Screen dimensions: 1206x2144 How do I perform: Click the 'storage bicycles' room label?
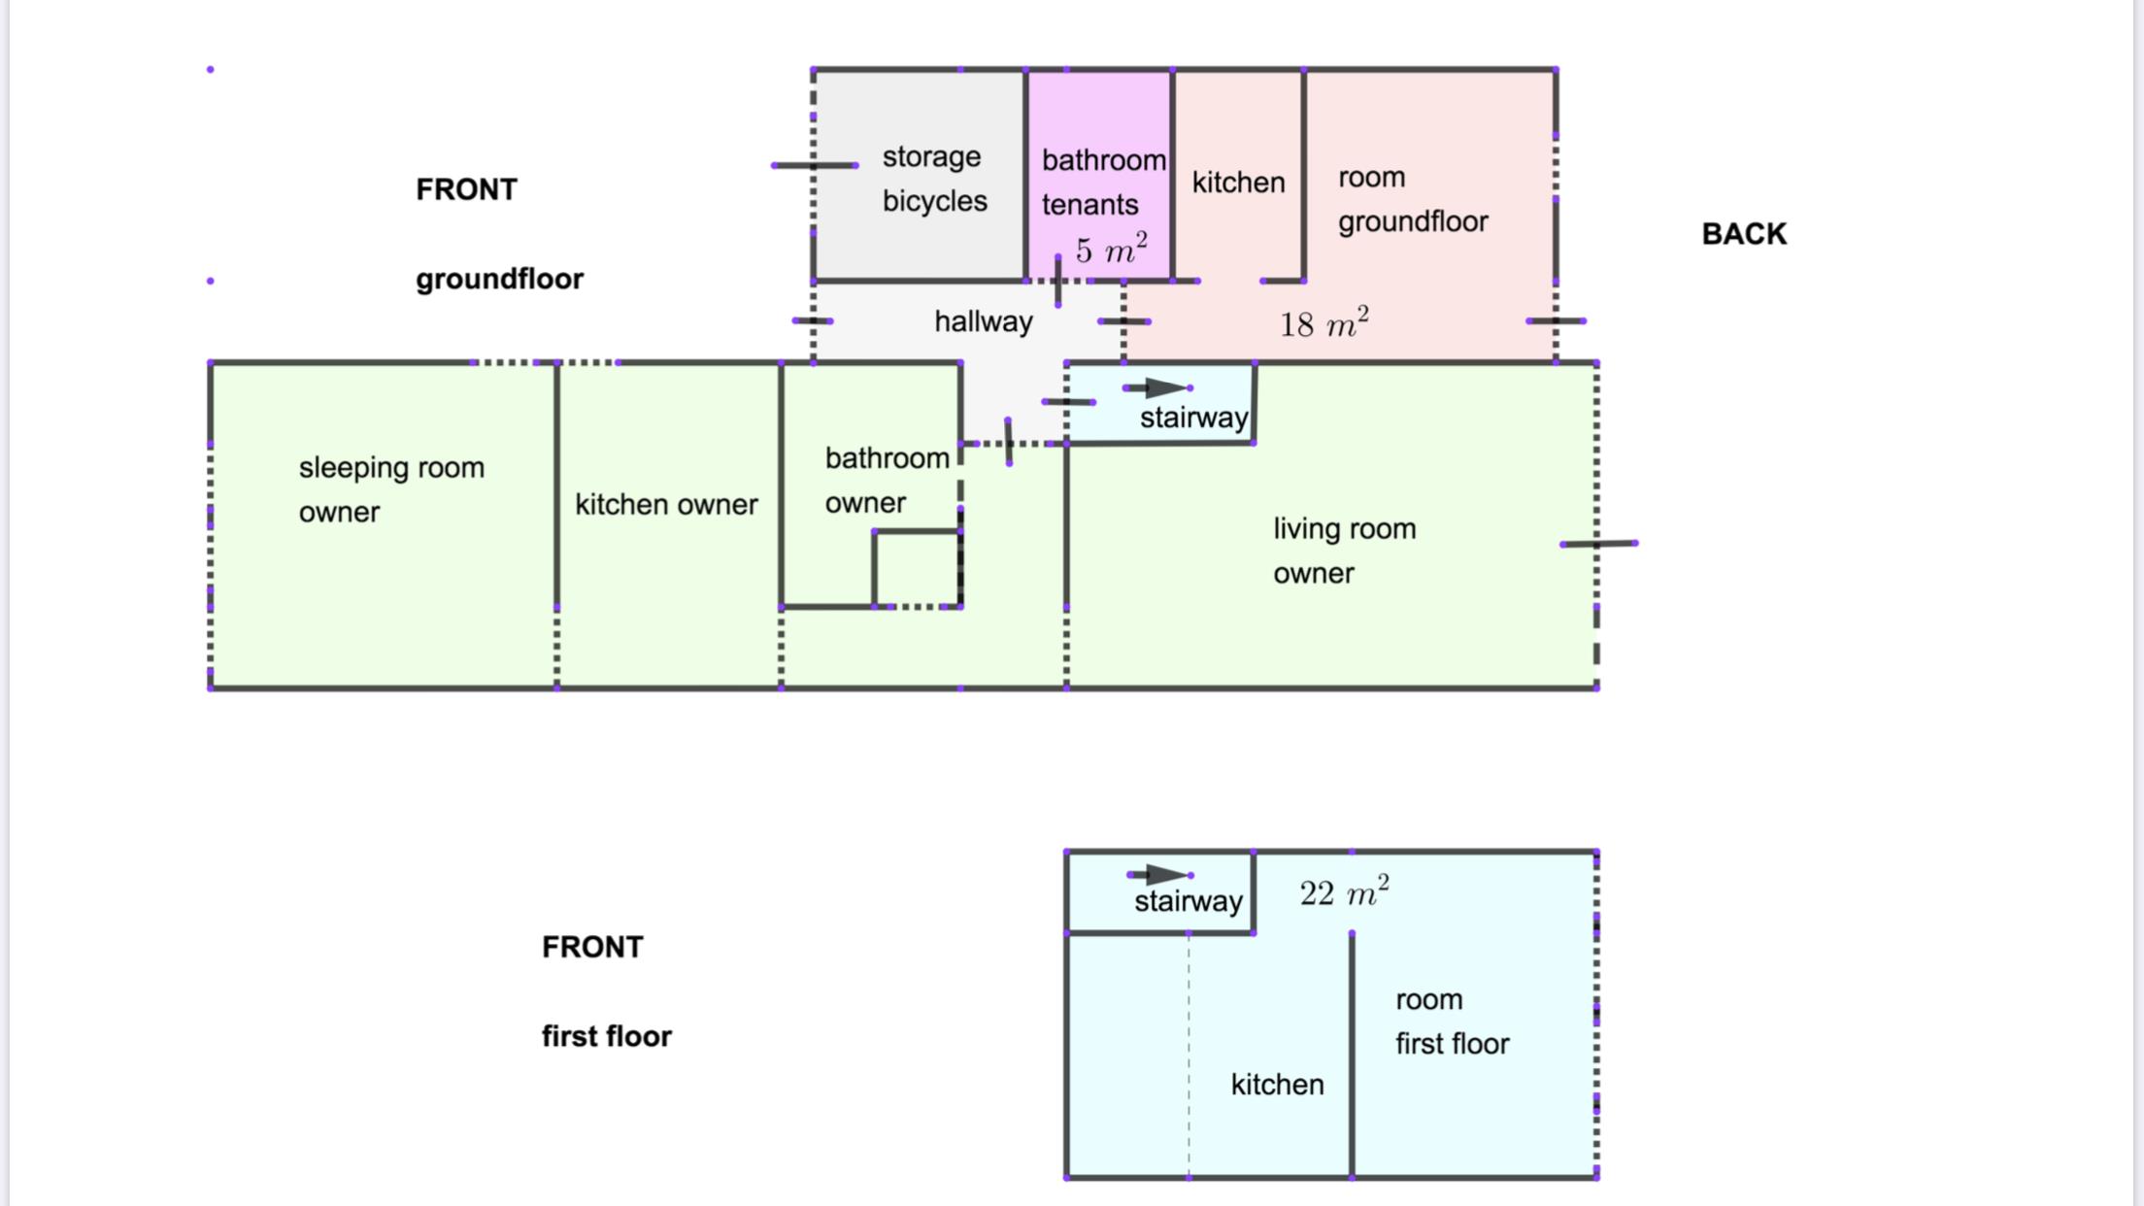(933, 179)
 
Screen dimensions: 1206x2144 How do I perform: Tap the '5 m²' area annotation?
(1111, 250)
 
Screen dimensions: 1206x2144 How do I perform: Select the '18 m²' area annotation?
(1323, 323)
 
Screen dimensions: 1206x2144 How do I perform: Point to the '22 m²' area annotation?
(1344, 892)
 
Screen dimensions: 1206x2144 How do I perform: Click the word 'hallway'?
(983, 321)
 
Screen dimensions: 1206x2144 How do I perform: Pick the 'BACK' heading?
(1744, 234)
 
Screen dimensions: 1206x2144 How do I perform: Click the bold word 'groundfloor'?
(499, 280)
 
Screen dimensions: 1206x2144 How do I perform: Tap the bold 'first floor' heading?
(606, 1037)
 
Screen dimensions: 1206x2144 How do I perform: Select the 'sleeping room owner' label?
(391, 489)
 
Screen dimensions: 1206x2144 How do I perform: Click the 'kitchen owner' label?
(666, 505)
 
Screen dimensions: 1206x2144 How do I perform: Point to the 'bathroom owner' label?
(886, 480)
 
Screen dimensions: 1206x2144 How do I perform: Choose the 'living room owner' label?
(1344, 551)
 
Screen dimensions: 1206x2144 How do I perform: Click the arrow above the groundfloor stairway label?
(1159, 388)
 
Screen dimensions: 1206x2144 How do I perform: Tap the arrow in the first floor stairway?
(1161, 875)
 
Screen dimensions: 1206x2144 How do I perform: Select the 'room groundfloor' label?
(1412, 199)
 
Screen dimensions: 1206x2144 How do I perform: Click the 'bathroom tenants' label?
(1102, 182)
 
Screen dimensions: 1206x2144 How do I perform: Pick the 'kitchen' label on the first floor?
(1277, 1085)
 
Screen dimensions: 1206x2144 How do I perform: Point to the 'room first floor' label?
(1452, 1022)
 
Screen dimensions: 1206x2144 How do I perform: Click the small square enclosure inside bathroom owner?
(917, 569)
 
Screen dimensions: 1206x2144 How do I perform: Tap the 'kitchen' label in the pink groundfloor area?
(1238, 183)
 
